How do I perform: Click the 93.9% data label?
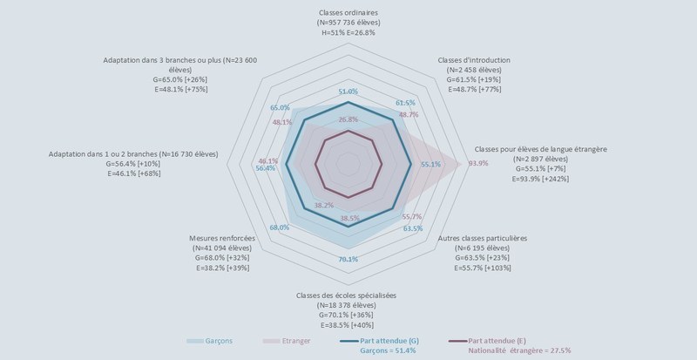pos(478,164)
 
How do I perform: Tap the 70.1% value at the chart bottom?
pos(348,259)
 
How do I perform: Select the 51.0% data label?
pos(348,92)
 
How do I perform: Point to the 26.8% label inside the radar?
pos(348,119)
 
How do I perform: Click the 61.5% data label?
pos(405,103)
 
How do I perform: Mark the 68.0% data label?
pos(280,228)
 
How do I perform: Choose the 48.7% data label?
pos(408,114)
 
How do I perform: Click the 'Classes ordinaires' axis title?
pos(348,12)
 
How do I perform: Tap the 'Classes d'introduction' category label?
pos(474,60)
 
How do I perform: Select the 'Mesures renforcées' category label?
pos(221,237)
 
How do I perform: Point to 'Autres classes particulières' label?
pos(483,237)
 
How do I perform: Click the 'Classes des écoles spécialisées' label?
pos(347,295)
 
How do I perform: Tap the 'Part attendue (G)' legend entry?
pos(389,340)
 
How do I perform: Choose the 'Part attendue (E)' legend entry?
pos(497,340)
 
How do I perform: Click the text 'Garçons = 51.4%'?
pos(389,350)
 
